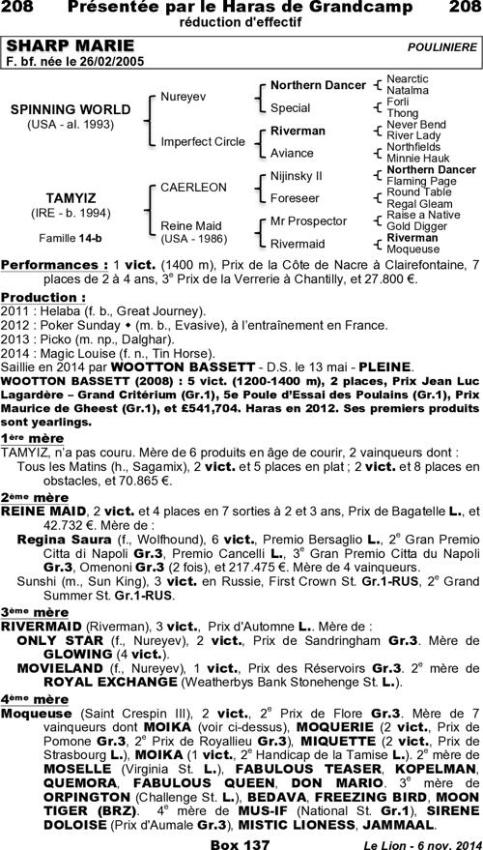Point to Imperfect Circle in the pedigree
[202, 141]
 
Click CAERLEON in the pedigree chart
[193, 186]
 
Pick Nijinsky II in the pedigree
[297, 176]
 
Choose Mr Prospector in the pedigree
[308, 220]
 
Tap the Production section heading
[43, 298]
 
